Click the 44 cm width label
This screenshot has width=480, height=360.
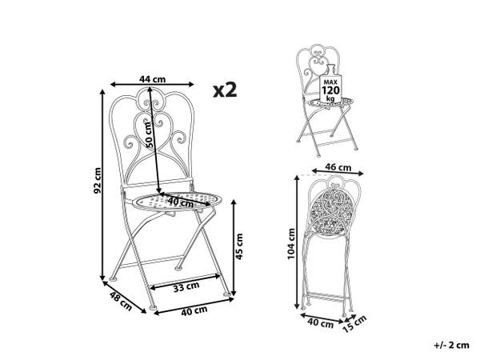152,79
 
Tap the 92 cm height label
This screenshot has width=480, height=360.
98,181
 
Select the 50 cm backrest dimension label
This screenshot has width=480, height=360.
149,134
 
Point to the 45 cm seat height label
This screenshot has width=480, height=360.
239,246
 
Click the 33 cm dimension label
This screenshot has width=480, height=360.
186,287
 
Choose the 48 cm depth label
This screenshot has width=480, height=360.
121,302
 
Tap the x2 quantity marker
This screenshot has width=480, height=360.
225,90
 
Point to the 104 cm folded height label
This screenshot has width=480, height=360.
291,244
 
